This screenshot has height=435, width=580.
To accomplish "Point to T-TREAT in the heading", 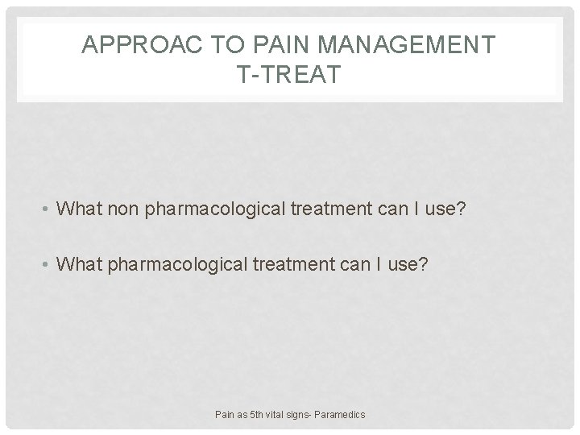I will coord(289,76).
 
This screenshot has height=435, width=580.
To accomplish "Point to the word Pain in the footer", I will coord(224,414).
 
